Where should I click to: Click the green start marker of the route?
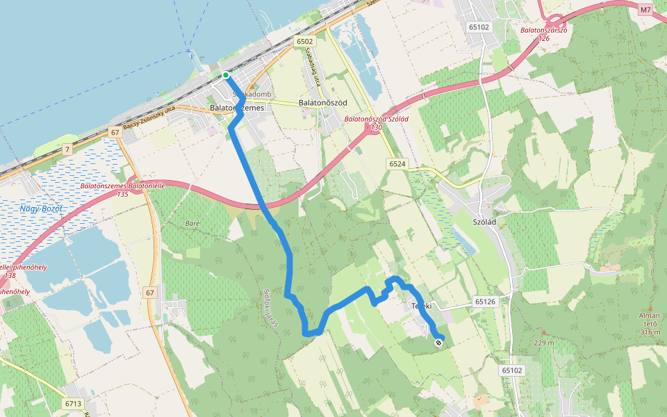(226, 75)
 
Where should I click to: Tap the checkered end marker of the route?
(438, 342)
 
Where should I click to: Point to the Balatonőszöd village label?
(322, 103)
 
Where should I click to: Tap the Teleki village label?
(421, 306)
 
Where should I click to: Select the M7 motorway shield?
(646, 10)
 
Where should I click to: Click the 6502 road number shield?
(304, 42)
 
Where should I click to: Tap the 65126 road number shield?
(486, 302)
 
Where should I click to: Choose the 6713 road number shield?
(72, 403)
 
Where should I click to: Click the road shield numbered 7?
(67, 149)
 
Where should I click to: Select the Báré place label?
(193, 223)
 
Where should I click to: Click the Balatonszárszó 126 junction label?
(545, 34)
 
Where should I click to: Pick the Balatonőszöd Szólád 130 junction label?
(377, 123)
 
